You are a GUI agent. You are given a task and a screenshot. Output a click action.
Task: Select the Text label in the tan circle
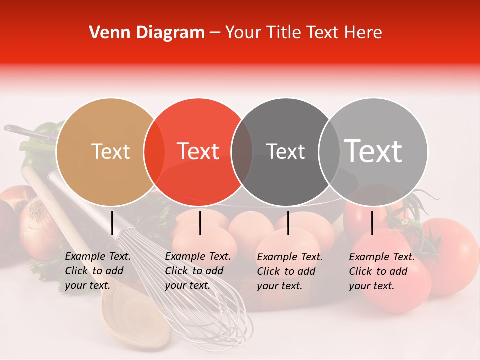pyautogui.click(x=110, y=151)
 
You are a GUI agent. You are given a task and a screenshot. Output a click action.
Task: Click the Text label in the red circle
pyautogui.click(x=198, y=151)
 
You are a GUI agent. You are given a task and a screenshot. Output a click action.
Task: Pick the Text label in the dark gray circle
pyautogui.click(x=285, y=151)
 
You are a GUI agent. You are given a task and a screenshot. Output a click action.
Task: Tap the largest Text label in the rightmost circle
pyautogui.click(x=373, y=151)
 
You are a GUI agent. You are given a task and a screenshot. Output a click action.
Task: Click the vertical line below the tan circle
pyautogui.click(x=112, y=223)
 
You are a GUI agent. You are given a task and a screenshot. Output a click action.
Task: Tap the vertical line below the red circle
pyautogui.click(x=200, y=223)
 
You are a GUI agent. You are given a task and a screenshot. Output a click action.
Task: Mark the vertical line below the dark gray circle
pyautogui.click(x=288, y=223)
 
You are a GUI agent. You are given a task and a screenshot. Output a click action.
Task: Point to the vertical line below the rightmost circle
pyautogui.click(x=372, y=223)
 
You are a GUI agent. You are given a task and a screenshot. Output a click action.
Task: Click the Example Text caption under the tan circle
pyautogui.click(x=98, y=271)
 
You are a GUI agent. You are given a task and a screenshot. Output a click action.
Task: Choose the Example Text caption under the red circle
pyautogui.click(x=198, y=271)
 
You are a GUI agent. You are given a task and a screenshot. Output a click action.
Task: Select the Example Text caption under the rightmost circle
pyautogui.click(x=382, y=271)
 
